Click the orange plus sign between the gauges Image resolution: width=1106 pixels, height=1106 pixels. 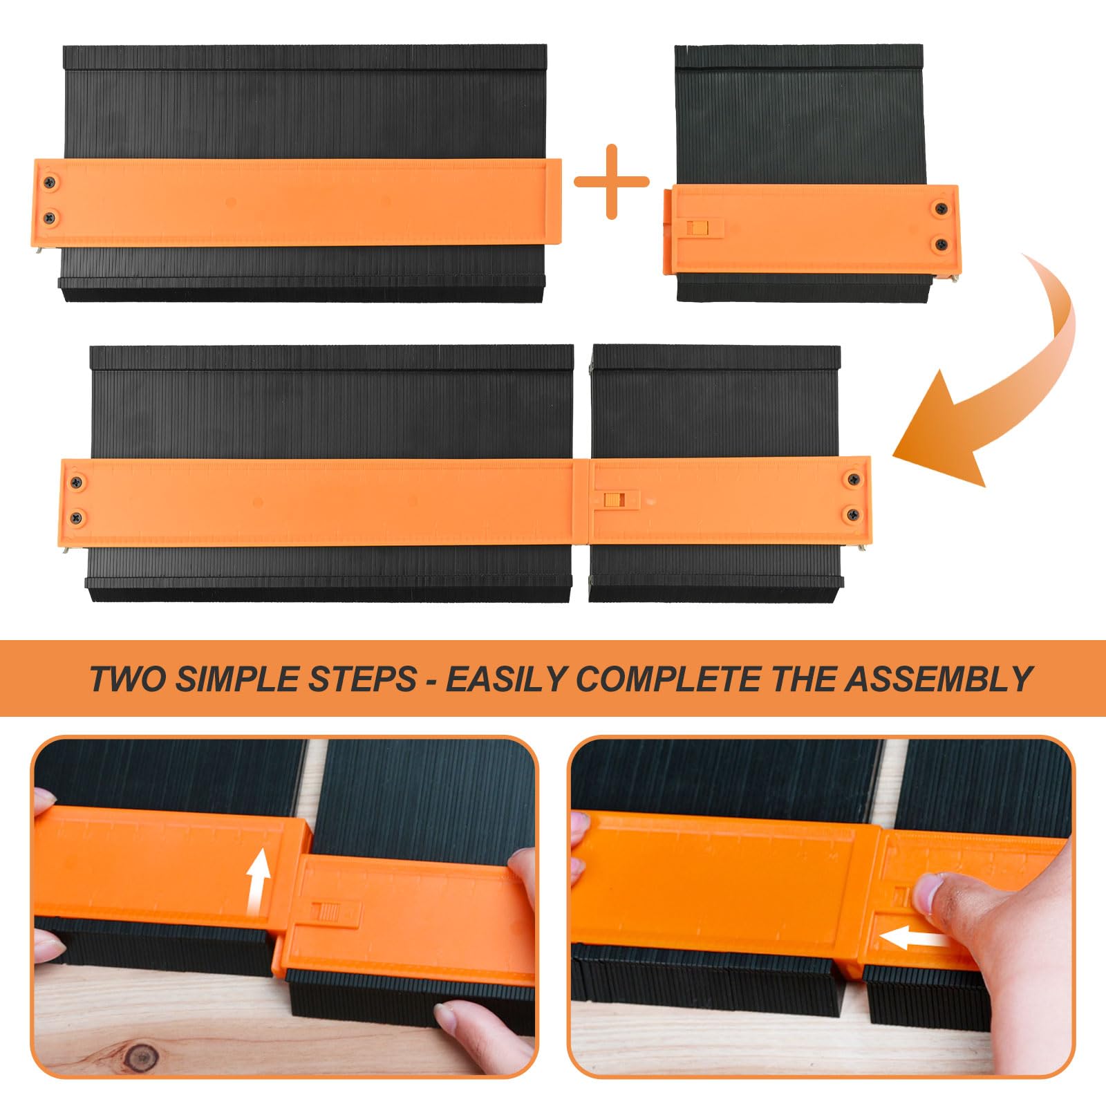tap(612, 182)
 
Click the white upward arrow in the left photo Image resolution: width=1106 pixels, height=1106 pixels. tap(259, 873)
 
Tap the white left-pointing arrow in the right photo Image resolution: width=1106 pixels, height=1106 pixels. tap(912, 939)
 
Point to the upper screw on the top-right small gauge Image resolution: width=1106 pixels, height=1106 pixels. tap(940, 208)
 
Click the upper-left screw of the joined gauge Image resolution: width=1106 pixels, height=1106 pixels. tap(77, 482)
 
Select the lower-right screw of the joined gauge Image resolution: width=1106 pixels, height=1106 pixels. tap(854, 514)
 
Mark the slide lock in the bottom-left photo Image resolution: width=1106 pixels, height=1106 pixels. tap(324, 911)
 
